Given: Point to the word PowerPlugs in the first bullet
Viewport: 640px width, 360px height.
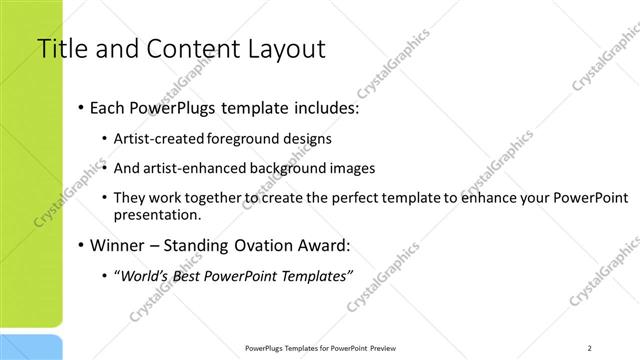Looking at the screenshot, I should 177,107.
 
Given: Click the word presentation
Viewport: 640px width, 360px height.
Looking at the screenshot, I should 159,214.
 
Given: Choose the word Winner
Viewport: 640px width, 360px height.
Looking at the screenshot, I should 118,244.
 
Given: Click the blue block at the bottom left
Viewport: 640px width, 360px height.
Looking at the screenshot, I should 31,347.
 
